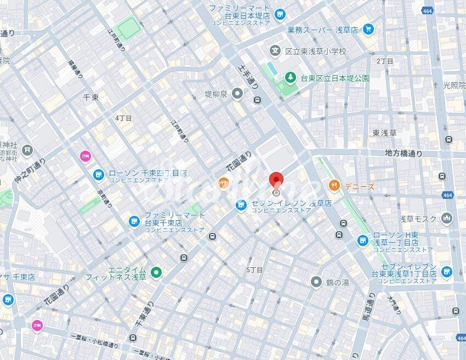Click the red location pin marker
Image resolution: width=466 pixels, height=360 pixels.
(x=276, y=181)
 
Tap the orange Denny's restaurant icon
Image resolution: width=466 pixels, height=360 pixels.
(x=334, y=186)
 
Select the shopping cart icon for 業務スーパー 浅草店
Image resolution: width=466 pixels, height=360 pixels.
(x=368, y=29)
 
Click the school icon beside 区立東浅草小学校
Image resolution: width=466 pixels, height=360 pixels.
(x=275, y=51)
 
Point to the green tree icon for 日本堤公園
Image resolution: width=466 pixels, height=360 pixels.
(x=289, y=78)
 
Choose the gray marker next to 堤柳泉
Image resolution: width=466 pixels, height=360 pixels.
(x=237, y=94)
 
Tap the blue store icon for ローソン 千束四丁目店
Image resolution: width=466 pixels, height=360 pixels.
(x=99, y=175)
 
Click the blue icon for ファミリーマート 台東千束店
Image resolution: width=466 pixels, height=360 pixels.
(x=134, y=221)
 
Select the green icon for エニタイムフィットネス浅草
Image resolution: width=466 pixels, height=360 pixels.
(x=157, y=272)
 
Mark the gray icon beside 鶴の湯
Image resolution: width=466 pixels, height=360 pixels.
(x=316, y=282)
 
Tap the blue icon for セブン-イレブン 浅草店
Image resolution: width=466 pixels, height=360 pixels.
(x=240, y=205)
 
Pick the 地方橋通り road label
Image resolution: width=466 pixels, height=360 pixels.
(x=404, y=153)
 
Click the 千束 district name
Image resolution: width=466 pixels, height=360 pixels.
(x=90, y=96)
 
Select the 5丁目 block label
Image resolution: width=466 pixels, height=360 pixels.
(x=254, y=270)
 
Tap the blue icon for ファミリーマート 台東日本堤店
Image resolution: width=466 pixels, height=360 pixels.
(x=280, y=14)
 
